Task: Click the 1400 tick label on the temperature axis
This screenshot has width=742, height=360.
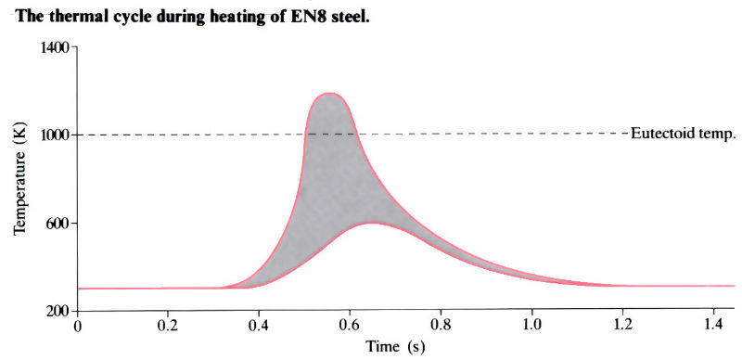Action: tap(54, 47)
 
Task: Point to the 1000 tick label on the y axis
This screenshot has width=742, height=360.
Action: tap(54, 135)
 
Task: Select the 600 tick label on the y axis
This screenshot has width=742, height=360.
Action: tap(58, 224)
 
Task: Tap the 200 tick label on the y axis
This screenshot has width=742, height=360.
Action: tap(58, 311)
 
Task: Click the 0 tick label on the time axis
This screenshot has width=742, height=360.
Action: tap(77, 327)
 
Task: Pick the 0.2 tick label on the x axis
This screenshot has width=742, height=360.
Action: tap(168, 327)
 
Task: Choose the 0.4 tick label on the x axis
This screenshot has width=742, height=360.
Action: tap(259, 327)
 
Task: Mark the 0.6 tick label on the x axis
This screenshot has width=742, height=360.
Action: tap(350, 327)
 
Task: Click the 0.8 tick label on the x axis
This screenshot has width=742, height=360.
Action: tap(441, 327)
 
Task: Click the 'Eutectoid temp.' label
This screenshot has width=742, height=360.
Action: tap(683, 134)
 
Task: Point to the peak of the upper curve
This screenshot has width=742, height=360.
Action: tap(329, 93)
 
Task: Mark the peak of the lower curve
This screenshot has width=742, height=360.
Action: tap(371, 223)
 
